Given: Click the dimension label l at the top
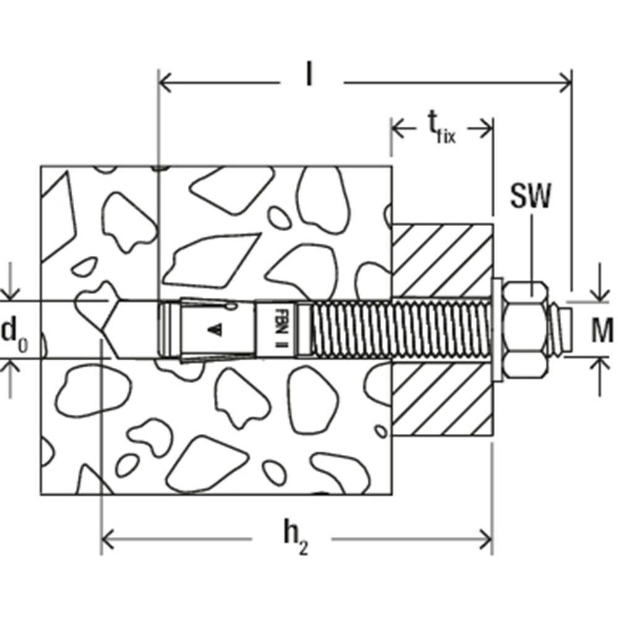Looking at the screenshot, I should click(308, 75).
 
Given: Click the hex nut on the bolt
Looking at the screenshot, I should click(527, 330).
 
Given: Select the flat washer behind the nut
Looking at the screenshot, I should click(497, 330).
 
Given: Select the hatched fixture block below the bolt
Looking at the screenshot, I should click(442, 402).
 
